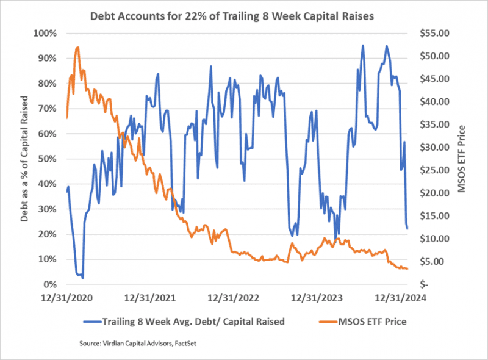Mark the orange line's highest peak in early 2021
click(x=77, y=47)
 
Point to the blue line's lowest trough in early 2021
click(x=82, y=277)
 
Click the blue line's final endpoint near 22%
click(x=407, y=229)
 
